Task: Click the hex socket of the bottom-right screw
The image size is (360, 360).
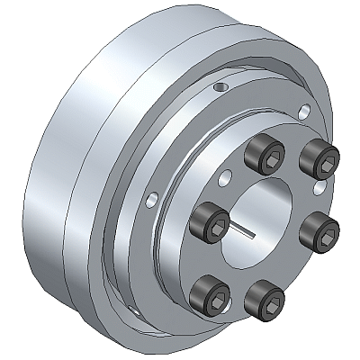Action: click(264, 294)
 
